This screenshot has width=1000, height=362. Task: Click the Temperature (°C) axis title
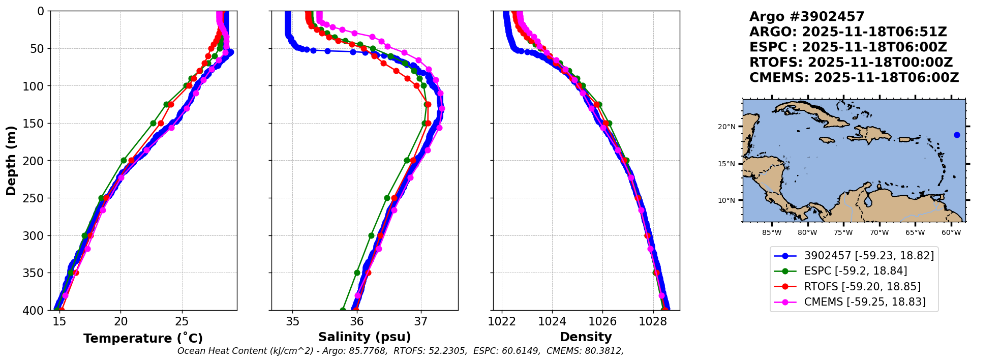click(x=143, y=338)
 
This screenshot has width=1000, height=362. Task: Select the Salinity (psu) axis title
click(x=365, y=337)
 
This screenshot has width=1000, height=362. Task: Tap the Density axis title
click(x=586, y=337)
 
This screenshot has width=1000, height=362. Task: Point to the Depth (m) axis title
click(x=11, y=160)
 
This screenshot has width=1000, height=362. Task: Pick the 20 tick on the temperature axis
click(x=120, y=321)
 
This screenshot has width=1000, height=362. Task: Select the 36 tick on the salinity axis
click(x=357, y=321)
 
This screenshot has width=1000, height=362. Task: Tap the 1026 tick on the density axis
click(x=602, y=321)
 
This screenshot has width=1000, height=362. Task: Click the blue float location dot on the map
click(x=957, y=135)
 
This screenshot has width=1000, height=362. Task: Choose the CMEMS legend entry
click(x=854, y=302)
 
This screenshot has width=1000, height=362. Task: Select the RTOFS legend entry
click(x=854, y=287)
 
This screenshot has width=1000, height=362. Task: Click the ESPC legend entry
click(x=854, y=271)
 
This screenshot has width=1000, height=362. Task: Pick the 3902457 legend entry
click(x=854, y=256)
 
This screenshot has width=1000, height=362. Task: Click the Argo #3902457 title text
click(x=807, y=17)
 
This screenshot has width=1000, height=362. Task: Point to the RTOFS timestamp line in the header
click(x=851, y=63)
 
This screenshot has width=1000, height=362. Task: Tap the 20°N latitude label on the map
click(x=726, y=127)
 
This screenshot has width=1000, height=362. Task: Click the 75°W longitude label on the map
click(x=843, y=233)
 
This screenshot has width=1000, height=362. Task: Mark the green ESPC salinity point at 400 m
click(x=343, y=310)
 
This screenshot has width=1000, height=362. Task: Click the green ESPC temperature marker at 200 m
click(x=124, y=161)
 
